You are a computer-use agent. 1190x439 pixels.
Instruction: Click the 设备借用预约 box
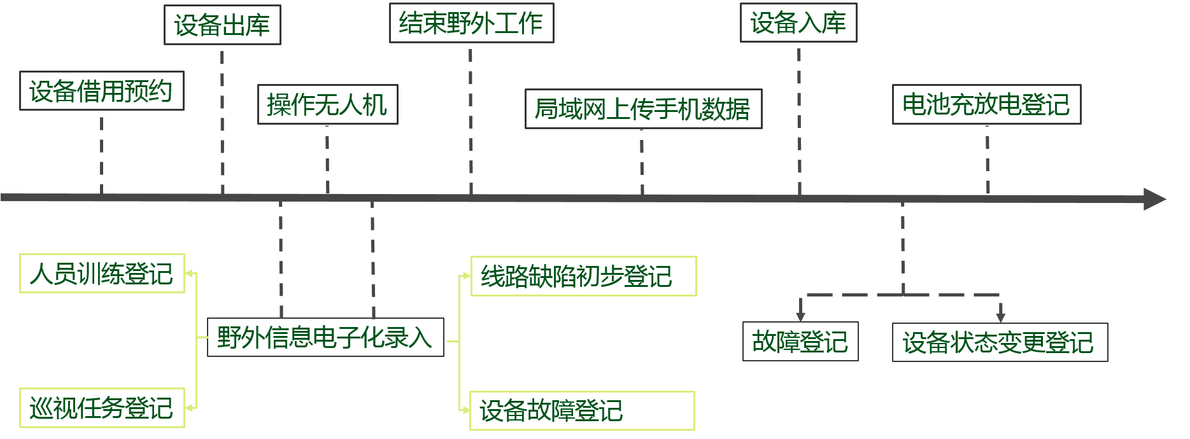101,91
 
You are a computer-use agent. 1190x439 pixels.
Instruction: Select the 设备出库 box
222,25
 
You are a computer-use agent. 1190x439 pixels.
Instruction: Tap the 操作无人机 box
327,104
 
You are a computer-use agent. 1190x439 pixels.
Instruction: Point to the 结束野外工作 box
471,24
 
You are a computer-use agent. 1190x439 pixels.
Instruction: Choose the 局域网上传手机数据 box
643,109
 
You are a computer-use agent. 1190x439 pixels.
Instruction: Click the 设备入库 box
798,23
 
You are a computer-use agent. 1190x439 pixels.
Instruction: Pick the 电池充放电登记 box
986,104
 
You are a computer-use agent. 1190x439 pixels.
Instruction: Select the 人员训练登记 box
102,274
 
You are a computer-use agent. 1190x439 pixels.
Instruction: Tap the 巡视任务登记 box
102,408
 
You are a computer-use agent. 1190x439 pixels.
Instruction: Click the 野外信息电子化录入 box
325,337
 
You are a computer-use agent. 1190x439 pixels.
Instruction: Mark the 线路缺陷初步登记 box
583,276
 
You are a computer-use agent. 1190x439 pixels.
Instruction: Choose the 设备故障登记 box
582,410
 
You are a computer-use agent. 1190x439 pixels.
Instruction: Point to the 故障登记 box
800,342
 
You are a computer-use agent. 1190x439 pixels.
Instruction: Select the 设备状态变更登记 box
1000,342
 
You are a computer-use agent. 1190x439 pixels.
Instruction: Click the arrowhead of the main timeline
1154,199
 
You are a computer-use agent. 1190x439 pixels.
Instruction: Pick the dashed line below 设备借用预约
102,155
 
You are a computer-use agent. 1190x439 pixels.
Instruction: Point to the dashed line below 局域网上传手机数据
642,162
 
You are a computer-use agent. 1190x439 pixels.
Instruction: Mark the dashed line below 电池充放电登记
988,159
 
